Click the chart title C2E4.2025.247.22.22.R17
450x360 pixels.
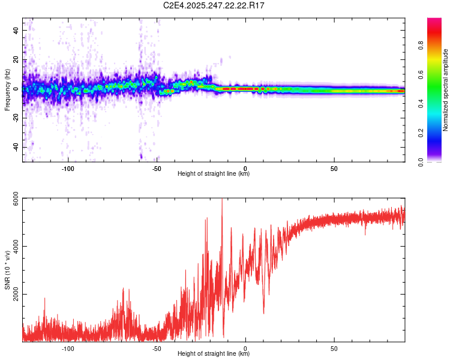coord(214,5)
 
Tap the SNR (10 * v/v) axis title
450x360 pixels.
coord(7,270)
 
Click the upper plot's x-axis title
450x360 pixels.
coord(214,174)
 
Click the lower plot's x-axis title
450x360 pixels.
coord(214,353)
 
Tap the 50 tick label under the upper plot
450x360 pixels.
coord(334,168)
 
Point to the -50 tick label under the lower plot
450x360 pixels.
coord(156,347)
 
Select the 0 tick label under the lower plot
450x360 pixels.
coord(245,347)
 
